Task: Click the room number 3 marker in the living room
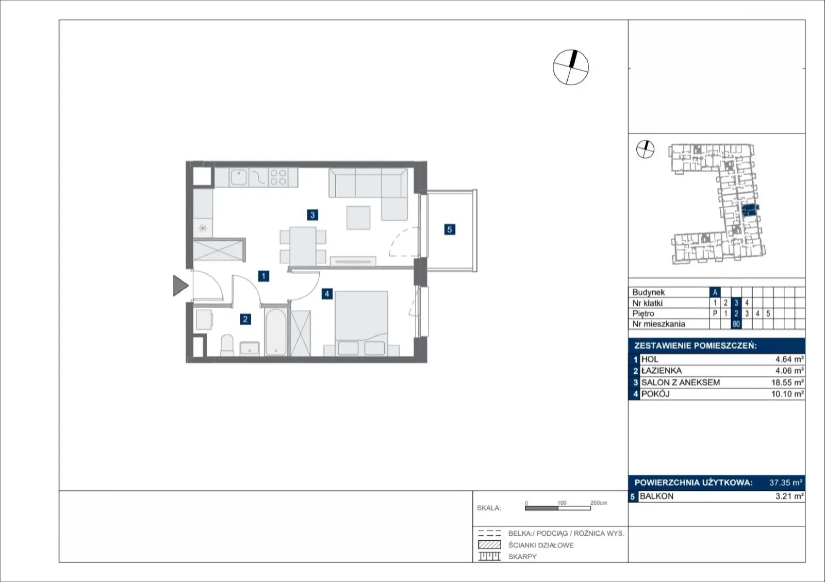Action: [x=312, y=215]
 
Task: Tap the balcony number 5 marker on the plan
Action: [x=449, y=230]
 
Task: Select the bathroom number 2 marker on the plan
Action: [x=245, y=319]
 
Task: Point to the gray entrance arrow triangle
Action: [x=180, y=286]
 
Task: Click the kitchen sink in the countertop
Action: [x=239, y=177]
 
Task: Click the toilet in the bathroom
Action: [x=226, y=345]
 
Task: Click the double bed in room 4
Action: [x=361, y=324]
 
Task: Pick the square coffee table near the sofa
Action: [x=358, y=218]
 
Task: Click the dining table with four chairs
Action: [x=303, y=246]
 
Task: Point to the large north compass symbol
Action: [x=570, y=68]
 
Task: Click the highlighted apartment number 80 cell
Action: [x=736, y=324]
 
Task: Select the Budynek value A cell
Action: [x=715, y=292]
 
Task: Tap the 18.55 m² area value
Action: [x=787, y=383]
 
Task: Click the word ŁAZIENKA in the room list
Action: [x=662, y=371]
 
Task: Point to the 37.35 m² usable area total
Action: [x=786, y=482]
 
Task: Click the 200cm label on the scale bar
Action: [x=599, y=503]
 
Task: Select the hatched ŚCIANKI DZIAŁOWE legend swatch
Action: [x=489, y=544]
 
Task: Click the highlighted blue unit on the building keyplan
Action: [x=750, y=210]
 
